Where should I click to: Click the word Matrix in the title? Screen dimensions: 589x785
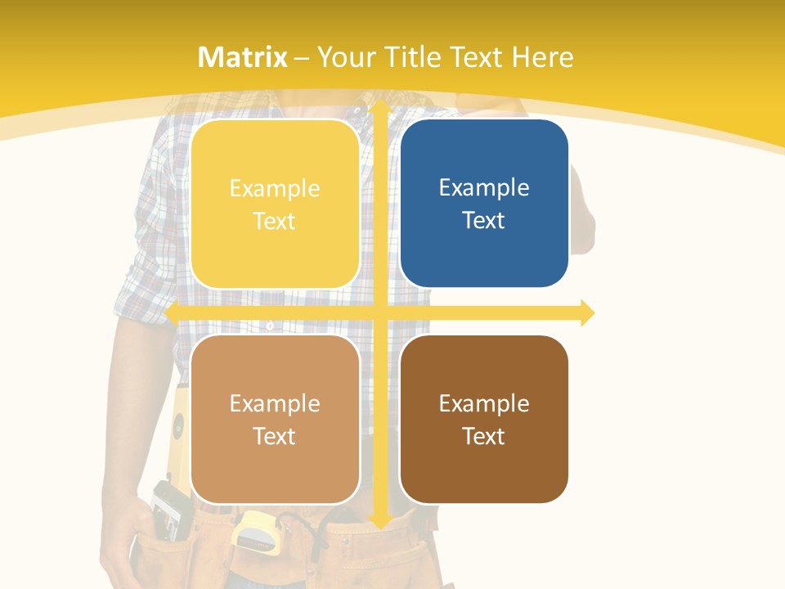(243, 57)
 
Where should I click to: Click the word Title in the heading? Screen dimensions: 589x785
(415, 57)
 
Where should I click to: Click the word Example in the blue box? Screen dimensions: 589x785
(484, 188)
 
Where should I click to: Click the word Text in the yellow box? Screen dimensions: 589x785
(275, 222)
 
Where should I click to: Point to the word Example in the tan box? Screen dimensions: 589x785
(275, 404)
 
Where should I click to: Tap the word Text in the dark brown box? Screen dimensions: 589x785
(484, 437)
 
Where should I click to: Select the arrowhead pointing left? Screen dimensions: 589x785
(173, 312)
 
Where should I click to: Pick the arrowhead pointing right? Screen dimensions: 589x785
(586, 312)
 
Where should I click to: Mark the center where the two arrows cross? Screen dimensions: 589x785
(379, 312)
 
